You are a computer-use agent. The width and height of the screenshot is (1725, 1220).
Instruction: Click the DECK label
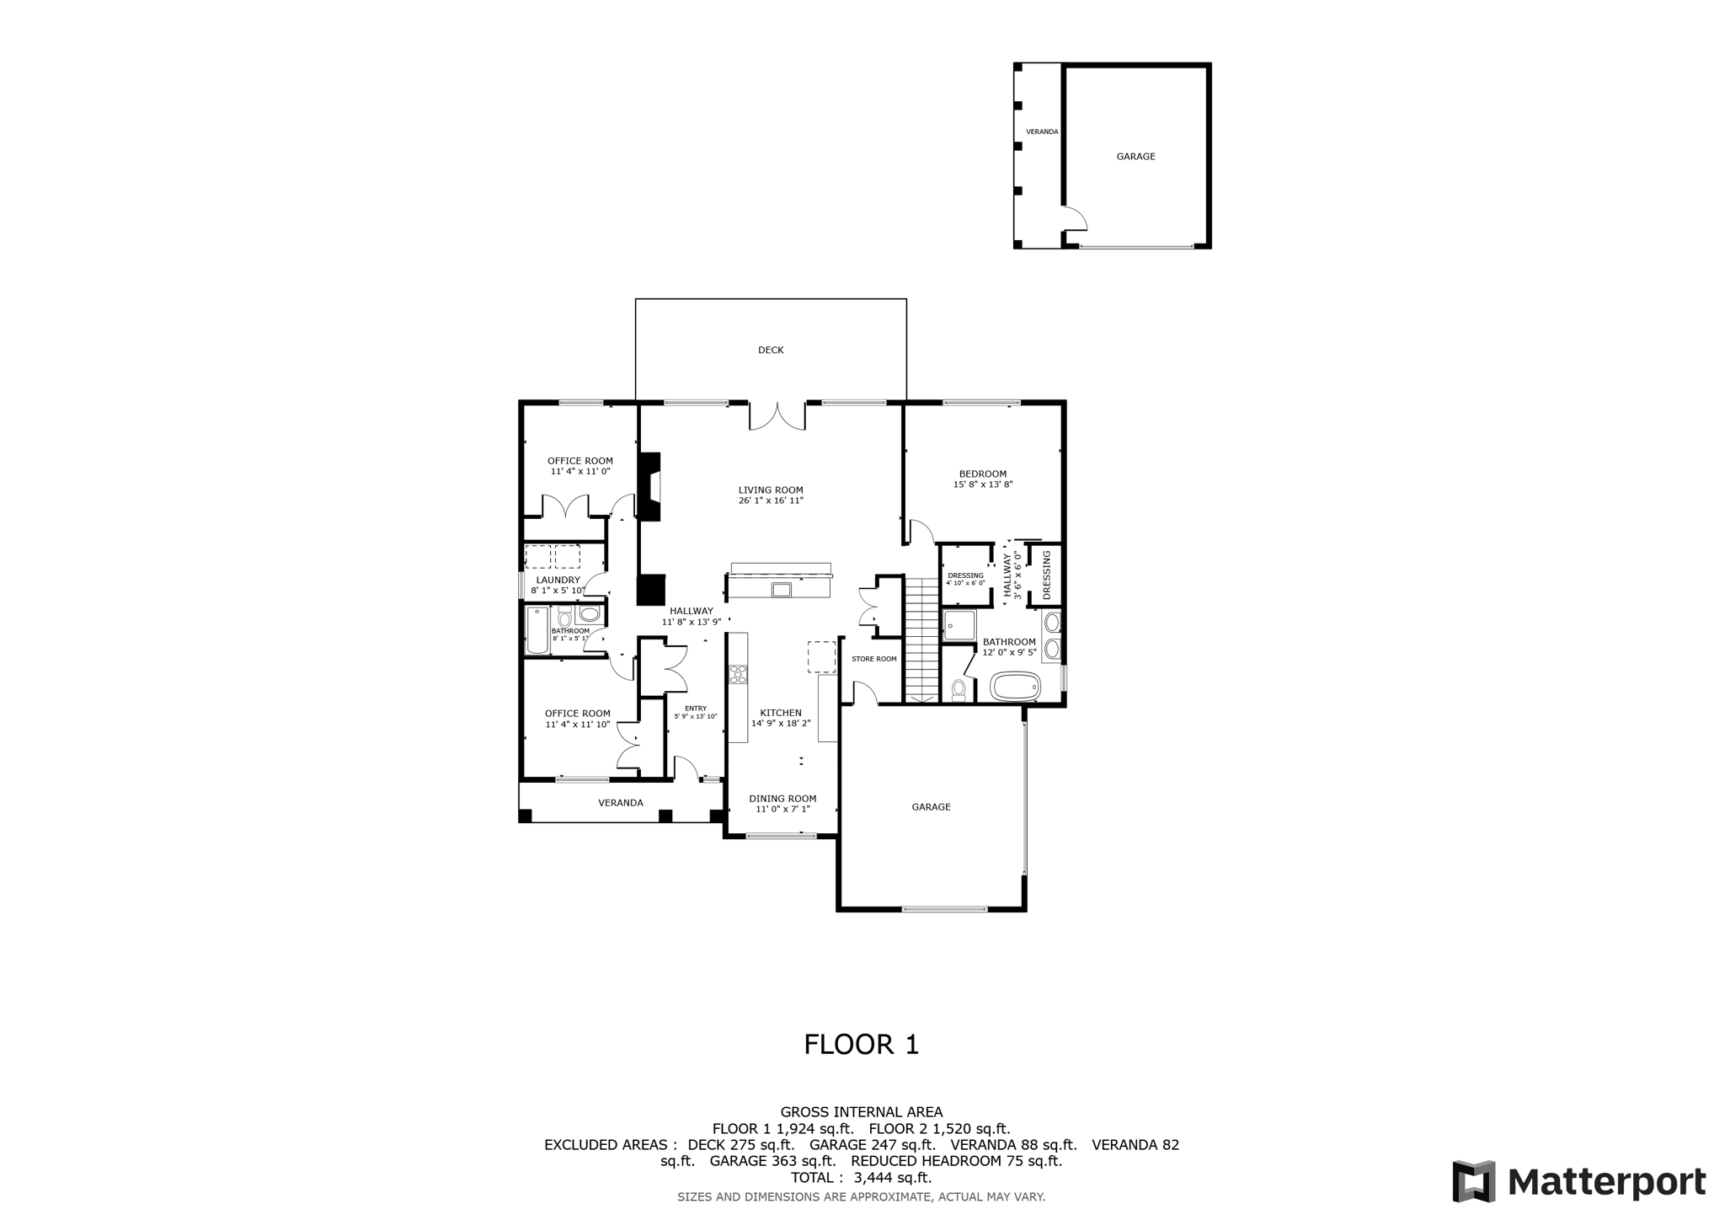click(x=771, y=350)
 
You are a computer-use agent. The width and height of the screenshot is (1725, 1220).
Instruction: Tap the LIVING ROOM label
click(x=771, y=490)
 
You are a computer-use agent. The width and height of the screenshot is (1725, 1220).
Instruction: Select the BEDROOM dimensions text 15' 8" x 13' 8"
click(x=982, y=484)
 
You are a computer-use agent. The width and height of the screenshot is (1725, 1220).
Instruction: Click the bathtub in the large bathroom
click(x=1016, y=686)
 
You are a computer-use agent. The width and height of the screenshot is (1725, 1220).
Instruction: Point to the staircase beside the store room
click(x=921, y=640)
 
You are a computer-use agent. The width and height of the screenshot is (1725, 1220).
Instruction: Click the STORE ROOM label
click(x=873, y=659)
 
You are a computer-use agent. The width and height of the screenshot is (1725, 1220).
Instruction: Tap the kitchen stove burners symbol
click(x=738, y=674)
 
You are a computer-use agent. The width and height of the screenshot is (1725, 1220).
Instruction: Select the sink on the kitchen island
click(x=781, y=589)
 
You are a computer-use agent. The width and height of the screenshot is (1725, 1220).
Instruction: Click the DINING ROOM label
click(x=782, y=799)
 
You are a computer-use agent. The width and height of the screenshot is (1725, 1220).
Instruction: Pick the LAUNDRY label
click(x=558, y=580)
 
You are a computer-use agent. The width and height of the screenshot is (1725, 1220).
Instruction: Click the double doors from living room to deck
click(x=777, y=416)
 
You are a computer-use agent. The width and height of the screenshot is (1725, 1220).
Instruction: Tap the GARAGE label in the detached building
click(x=1135, y=156)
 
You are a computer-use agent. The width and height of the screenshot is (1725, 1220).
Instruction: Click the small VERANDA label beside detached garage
click(x=1042, y=131)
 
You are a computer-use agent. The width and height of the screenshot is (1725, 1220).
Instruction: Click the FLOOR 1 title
click(x=861, y=1045)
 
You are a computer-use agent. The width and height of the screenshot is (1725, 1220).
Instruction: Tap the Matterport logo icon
click(x=1473, y=1181)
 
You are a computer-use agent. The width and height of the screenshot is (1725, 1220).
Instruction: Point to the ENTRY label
click(x=696, y=708)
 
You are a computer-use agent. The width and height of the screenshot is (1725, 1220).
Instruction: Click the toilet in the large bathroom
click(x=959, y=690)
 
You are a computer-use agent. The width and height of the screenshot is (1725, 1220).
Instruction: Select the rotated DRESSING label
click(x=1047, y=575)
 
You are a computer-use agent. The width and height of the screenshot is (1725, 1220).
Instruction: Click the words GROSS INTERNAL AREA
click(x=861, y=1112)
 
